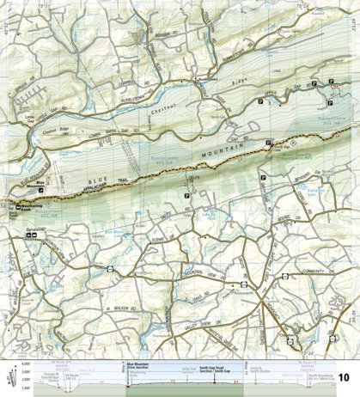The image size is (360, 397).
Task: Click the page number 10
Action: coord(343,377)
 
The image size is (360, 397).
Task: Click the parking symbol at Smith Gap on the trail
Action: coord(269,142)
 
